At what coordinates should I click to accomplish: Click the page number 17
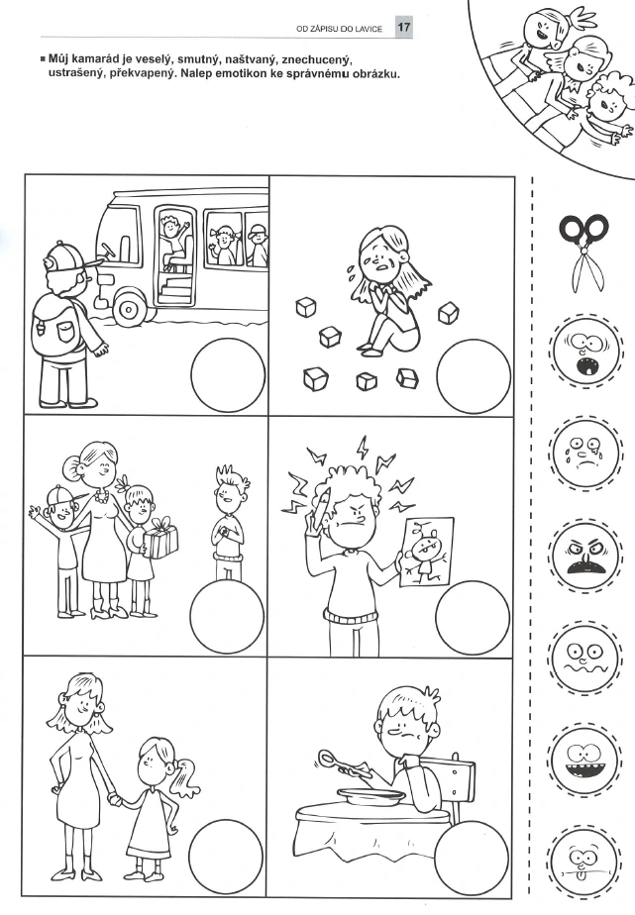[404, 27]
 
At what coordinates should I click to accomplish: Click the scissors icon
[583, 254]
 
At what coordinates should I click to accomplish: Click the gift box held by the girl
[159, 538]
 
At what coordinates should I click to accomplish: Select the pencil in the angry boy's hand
[319, 508]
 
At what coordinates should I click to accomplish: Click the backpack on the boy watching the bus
[59, 325]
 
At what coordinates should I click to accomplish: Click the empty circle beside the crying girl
[474, 376]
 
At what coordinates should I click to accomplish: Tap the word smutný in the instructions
[197, 59]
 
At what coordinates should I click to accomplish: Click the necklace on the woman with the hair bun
[102, 496]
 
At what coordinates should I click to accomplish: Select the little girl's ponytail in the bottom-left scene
[185, 778]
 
